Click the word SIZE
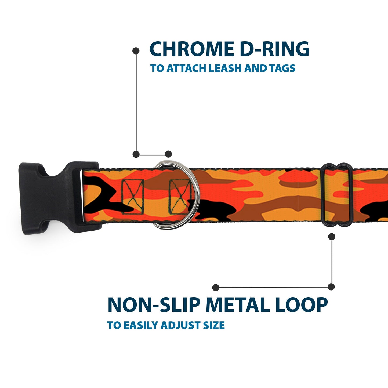(214, 325)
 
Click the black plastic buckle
(54, 198)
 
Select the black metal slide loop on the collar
(337, 195)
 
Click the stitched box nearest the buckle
(133, 197)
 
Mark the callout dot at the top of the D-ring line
(136, 50)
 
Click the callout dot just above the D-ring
(168, 154)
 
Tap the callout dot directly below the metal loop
(332, 237)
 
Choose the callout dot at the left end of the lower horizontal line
(215, 287)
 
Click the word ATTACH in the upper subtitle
(187, 68)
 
